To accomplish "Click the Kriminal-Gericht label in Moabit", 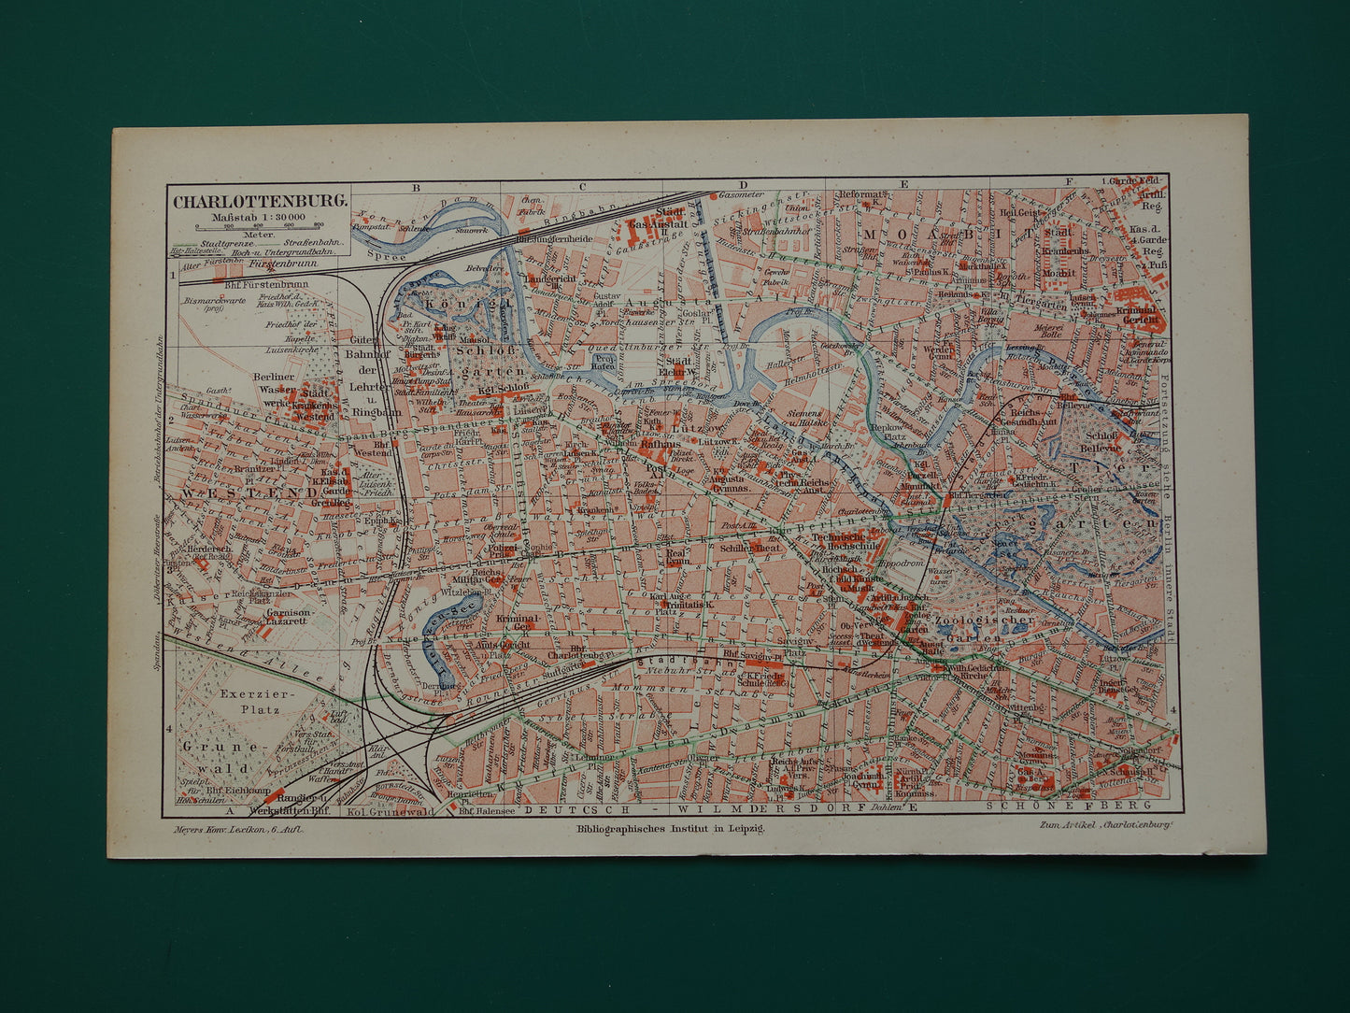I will click(x=1138, y=313).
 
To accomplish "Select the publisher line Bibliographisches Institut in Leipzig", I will click(x=671, y=828).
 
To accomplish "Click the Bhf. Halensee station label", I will click(x=487, y=811).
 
